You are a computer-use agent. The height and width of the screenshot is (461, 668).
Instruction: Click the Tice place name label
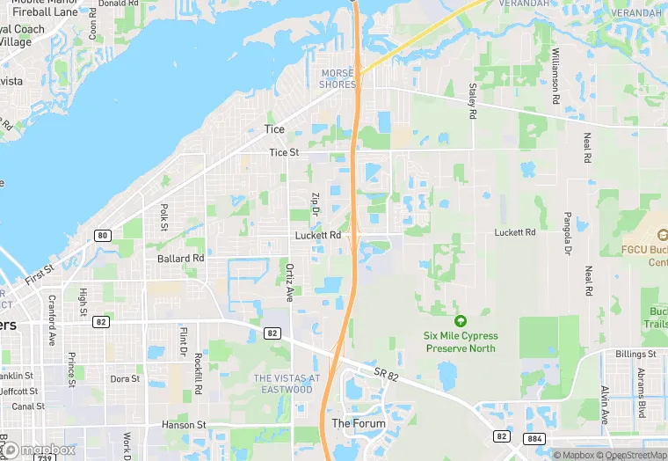click(x=274, y=129)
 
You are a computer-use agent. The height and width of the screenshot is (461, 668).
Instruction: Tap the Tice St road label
click(x=284, y=153)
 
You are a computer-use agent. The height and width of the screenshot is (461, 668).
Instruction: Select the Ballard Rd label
click(x=180, y=259)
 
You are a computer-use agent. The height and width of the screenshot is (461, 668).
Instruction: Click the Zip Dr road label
click(x=315, y=207)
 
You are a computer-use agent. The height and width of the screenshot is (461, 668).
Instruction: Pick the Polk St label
click(x=164, y=217)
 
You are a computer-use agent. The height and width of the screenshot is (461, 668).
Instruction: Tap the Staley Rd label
click(x=472, y=102)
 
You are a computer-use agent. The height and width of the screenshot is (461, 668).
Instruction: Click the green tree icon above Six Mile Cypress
click(x=460, y=320)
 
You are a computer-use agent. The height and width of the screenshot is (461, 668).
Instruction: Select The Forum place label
click(x=359, y=423)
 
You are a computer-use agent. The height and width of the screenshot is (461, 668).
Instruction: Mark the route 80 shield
click(x=104, y=235)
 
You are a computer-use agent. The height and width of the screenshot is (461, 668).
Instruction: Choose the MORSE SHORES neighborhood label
click(x=338, y=78)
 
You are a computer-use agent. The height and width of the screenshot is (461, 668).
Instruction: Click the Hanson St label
click(x=184, y=425)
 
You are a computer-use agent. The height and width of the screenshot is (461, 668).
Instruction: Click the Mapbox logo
click(x=40, y=450)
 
